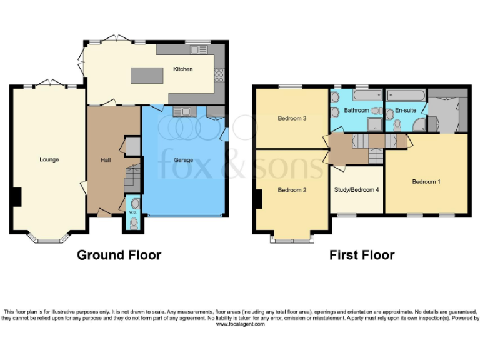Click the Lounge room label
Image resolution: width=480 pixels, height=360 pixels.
coord(49,159)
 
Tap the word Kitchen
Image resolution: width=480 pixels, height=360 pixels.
coord(182,69)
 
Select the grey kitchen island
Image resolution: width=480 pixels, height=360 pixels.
coord(147,75)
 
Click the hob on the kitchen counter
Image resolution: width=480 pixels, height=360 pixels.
coord(219,74)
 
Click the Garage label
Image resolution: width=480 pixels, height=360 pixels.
coord(183,159)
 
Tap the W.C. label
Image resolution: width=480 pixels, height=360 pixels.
coord(132,212)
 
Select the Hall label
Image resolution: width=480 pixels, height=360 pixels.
coord(106,159)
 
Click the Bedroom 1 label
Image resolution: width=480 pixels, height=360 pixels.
coord(426,181)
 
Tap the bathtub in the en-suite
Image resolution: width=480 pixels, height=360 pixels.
coord(406,96)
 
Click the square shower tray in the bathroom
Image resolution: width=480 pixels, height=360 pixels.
coord(374,111)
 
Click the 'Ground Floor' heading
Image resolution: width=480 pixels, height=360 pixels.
coord(119,255)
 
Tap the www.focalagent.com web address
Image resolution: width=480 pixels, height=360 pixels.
coord(240,324)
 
